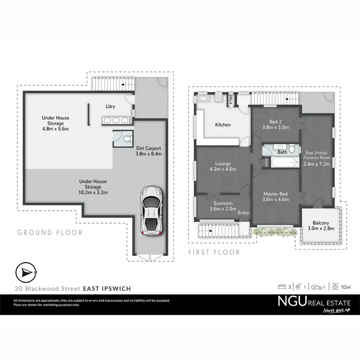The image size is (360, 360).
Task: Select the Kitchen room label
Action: [x=223, y=125]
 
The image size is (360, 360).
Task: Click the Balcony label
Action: [x=321, y=223]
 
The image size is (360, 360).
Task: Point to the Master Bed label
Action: [x=276, y=194]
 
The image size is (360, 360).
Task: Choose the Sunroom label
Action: [x=222, y=203]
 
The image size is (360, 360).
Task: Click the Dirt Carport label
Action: [x=149, y=148]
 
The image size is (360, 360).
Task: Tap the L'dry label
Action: [x=111, y=107]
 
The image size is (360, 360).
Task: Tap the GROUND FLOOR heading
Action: [x=50, y=233]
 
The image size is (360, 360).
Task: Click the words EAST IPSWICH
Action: [x=107, y=288]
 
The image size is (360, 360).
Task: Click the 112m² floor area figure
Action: [x=345, y=288]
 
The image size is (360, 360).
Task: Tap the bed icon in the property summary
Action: [x=282, y=287]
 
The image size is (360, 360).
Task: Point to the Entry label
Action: [x=244, y=213]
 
